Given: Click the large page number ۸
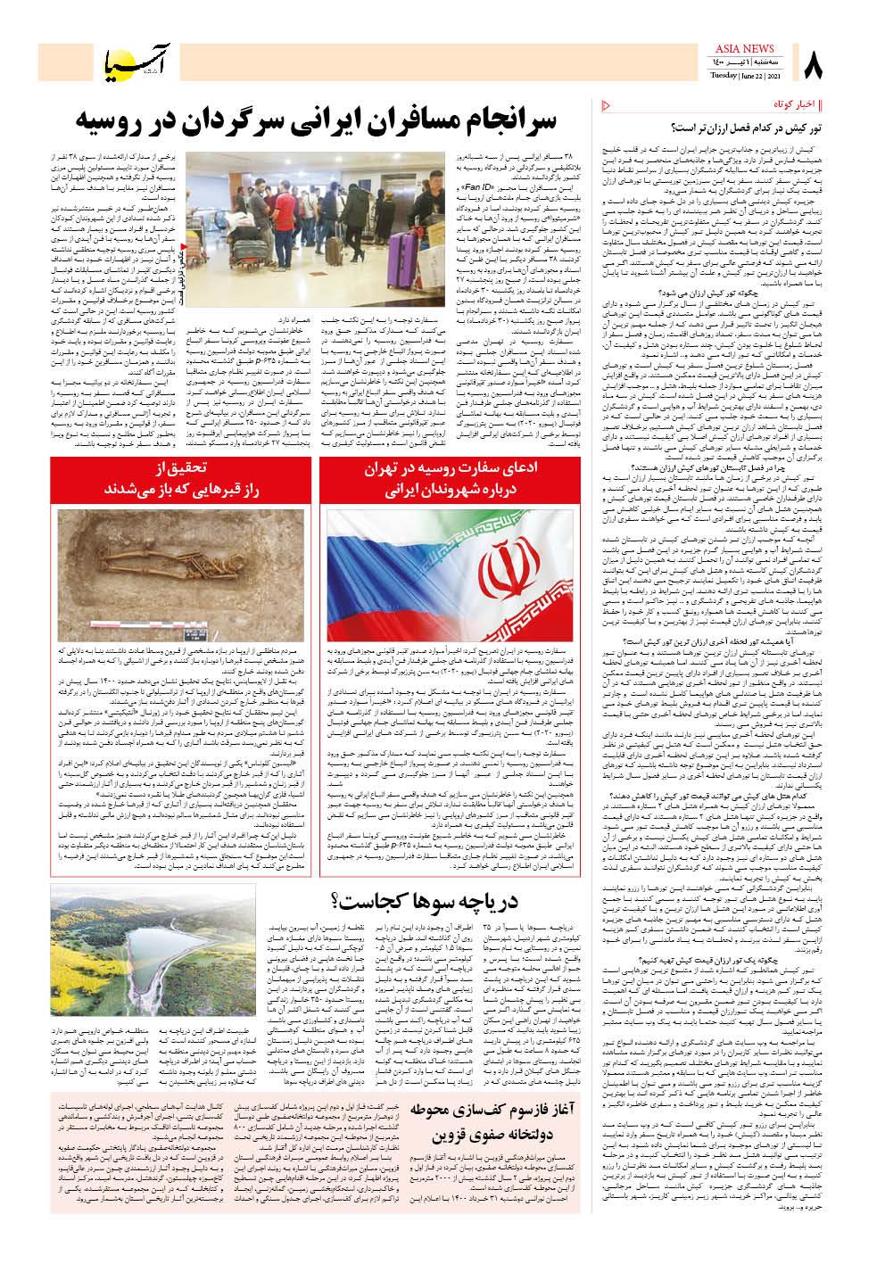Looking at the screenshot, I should (x=815, y=65).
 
